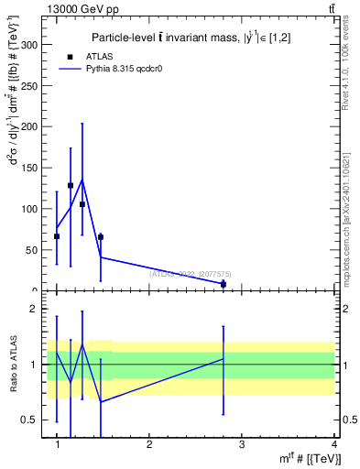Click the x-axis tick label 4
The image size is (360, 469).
(333, 444)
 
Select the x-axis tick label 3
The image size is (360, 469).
(241, 444)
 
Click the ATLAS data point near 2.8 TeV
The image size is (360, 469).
(223, 284)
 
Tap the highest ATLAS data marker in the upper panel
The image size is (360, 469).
(71, 185)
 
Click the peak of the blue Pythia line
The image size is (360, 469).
(82, 180)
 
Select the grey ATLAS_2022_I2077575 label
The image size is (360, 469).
(190, 273)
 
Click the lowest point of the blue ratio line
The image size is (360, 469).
(100, 401)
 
